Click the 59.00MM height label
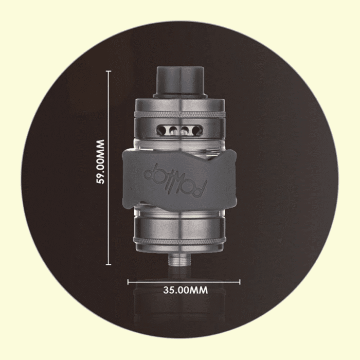click(100, 161)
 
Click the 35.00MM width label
click(186, 290)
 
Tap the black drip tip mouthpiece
click(179, 82)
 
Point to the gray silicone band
click(179, 178)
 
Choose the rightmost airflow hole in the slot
click(196, 131)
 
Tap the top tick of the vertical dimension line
click(109, 71)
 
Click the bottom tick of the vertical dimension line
click(109, 264)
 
